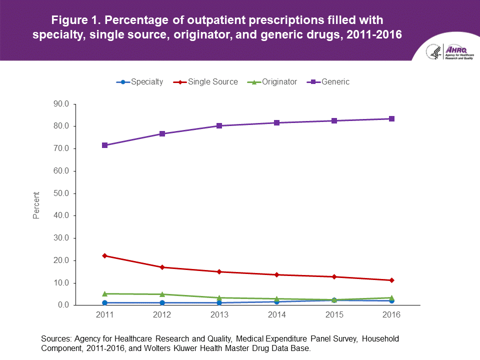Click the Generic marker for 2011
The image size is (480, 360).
click(105, 145)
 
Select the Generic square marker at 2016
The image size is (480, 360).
click(392, 119)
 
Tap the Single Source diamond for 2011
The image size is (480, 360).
click(105, 255)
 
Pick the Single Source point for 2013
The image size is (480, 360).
click(219, 271)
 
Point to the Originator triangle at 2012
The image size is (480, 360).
click(162, 294)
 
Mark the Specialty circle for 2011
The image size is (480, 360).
click(105, 302)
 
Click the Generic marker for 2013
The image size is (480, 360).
click(219, 125)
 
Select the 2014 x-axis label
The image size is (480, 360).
click(277, 315)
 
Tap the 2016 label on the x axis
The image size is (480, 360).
click(392, 315)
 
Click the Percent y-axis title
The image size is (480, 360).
click(36, 205)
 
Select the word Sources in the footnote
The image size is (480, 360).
click(56, 338)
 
